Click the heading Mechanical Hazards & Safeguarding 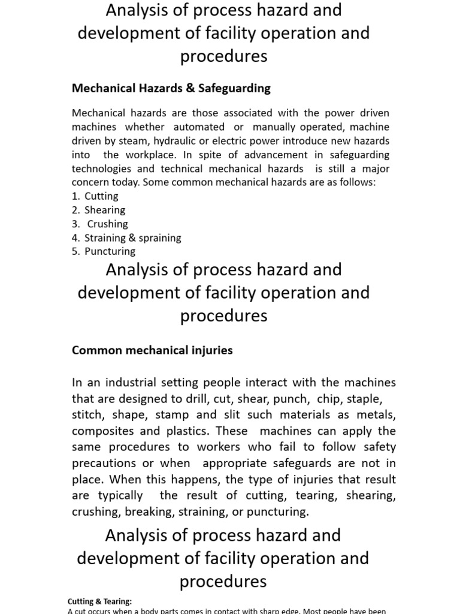(171, 88)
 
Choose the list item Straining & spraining (132, 237)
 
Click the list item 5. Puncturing (104, 251)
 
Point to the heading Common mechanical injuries (152, 350)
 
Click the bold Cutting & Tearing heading (99, 601)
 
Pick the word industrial (130, 383)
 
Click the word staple (362, 399)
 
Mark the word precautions (101, 463)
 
